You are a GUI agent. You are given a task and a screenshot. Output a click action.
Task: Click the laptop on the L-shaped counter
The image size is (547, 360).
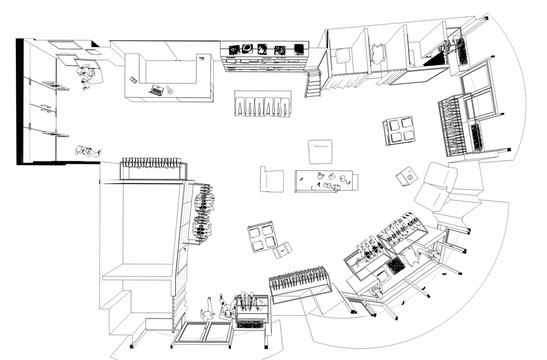click(x=157, y=90)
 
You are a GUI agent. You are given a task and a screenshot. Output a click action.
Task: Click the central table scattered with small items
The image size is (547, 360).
click(x=327, y=183)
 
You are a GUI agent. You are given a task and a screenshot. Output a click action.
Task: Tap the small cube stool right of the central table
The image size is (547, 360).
click(x=405, y=177)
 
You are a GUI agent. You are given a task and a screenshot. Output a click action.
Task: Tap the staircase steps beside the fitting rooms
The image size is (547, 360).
click(x=314, y=83)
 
